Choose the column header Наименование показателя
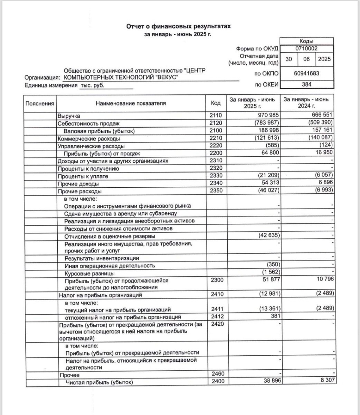click(x=131, y=103)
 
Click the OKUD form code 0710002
click(x=306, y=49)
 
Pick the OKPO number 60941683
click(x=306, y=73)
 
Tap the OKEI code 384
click(x=306, y=84)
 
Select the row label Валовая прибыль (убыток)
click(x=99, y=131)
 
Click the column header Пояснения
click(x=40, y=103)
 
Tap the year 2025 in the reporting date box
click(x=324, y=59)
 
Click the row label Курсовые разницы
click(x=86, y=273)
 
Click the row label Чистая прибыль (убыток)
click(x=97, y=382)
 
